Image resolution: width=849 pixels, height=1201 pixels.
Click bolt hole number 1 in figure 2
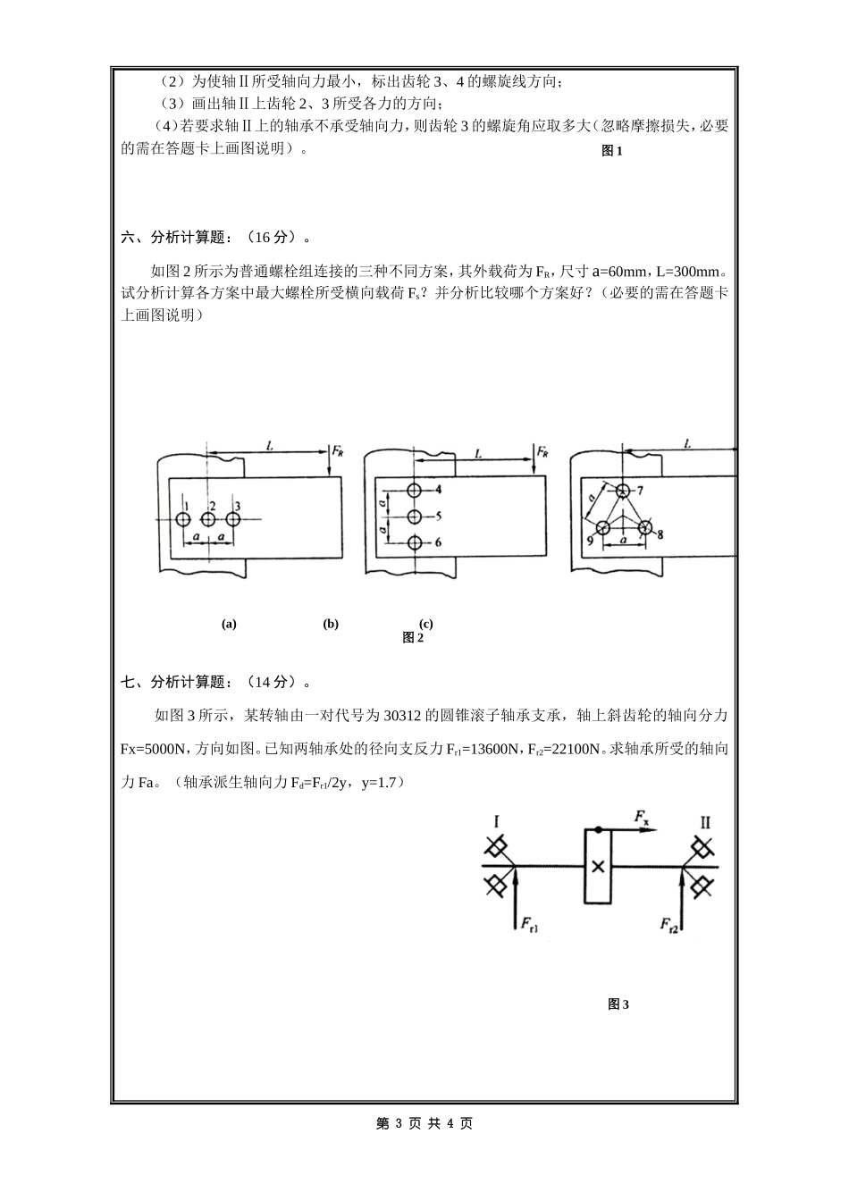click(x=182, y=519)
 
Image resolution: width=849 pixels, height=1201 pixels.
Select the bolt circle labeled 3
click(x=233, y=519)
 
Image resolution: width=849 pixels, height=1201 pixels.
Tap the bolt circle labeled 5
click(x=414, y=517)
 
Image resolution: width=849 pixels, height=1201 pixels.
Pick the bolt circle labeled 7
click(x=622, y=490)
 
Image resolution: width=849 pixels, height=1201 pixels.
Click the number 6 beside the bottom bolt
click(x=438, y=543)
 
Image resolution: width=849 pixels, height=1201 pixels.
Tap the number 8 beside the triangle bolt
click(x=660, y=535)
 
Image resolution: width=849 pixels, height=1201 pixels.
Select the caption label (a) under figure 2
click(x=229, y=625)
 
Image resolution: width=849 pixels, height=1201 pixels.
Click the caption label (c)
click(x=426, y=625)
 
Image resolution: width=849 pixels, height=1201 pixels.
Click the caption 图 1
click(x=612, y=151)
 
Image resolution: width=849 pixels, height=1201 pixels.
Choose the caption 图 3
click(x=618, y=1004)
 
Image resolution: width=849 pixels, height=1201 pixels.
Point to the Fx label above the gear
click(x=642, y=817)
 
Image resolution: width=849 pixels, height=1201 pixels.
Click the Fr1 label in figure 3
click(x=529, y=924)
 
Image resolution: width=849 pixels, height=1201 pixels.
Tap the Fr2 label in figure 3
click(x=669, y=924)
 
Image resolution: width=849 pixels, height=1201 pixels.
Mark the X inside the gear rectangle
click(x=598, y=866)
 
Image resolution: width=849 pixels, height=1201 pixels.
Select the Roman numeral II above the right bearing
click(x=705, y=822)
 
